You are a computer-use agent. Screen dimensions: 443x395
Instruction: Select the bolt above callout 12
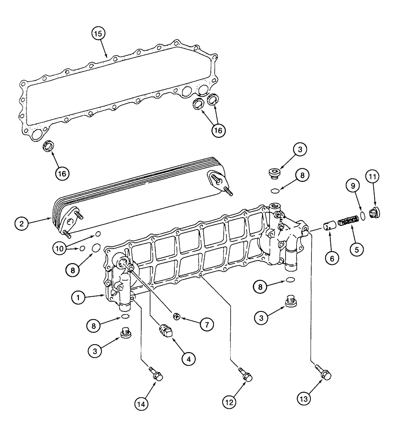[x=246, y=374]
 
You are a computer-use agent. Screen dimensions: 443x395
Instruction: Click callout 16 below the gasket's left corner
[x=62, y=173]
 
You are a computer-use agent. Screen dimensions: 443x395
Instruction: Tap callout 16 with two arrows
[x=218, y=130]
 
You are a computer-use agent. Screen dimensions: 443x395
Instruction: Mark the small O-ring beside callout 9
[x=362, y=216]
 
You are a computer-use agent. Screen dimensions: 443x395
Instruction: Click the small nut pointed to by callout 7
[x=176, y=315]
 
